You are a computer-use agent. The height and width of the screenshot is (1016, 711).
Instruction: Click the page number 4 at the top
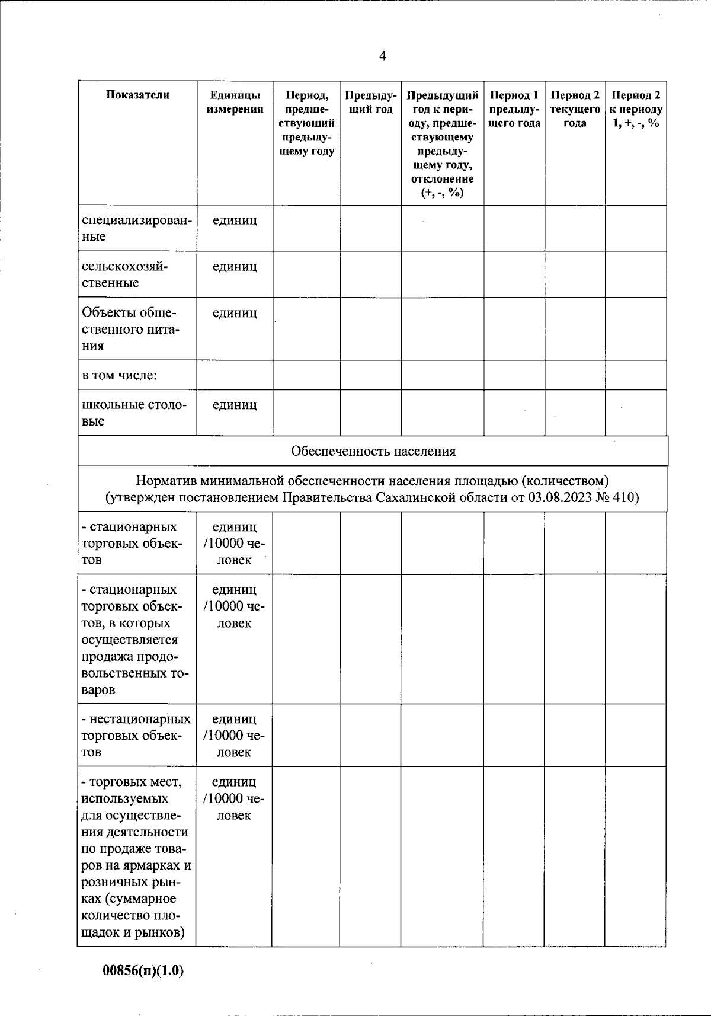(382, 56)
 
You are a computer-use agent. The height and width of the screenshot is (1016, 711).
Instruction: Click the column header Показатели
(137, 95)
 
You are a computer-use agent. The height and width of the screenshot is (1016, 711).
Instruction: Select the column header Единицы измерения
(235, 102)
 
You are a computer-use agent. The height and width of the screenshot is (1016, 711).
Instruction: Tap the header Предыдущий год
(370, 102)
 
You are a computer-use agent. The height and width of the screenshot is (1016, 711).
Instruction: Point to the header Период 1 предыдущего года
(514, 109)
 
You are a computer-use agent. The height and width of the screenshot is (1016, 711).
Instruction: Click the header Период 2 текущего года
(575, 109)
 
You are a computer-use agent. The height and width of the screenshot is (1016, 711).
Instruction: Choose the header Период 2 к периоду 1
(636, 109)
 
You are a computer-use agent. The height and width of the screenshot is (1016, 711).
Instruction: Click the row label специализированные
(136, 228)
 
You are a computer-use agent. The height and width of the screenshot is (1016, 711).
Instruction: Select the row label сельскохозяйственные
(124, 274)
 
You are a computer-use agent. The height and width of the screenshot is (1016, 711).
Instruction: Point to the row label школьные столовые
(134, 413)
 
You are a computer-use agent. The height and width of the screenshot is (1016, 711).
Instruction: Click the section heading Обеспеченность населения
(373, 452)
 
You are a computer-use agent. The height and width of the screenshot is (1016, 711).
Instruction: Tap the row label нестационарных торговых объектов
(136, 735)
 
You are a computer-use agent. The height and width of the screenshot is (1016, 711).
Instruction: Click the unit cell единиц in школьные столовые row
(235, 405)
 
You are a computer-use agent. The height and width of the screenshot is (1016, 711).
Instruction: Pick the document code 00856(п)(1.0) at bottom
(143, 971)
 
